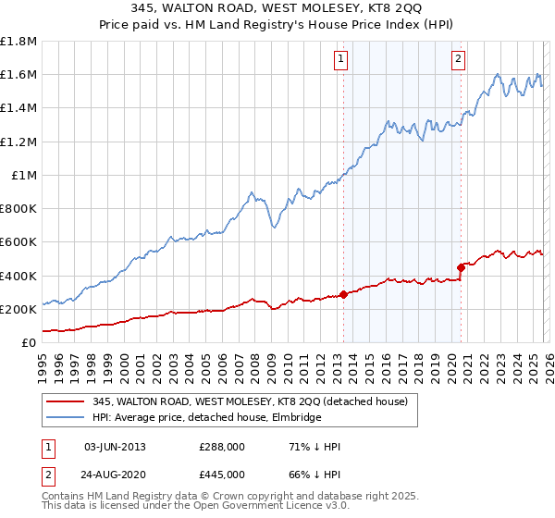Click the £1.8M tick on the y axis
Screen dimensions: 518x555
[x=18, y=42]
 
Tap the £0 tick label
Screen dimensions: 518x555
[x=30, y=342]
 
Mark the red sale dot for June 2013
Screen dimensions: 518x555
[x=343, y=294]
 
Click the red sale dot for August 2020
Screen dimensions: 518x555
[x=460, y=267]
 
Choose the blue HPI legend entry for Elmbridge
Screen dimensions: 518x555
[x=206, y=418]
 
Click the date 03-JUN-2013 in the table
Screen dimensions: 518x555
[x=115, y=447]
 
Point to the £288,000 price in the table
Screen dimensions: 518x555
[x=220, y=447]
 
